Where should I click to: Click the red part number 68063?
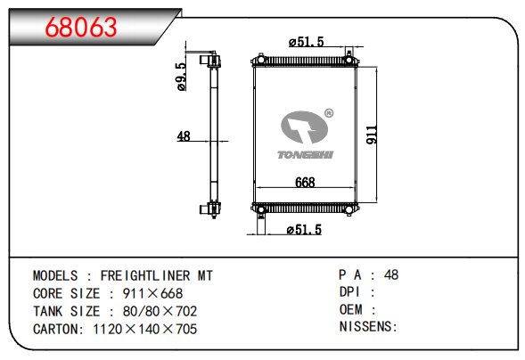[x=81, y=27]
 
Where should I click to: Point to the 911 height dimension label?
[x=372, y=135]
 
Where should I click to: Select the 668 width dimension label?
[x=305, y=183]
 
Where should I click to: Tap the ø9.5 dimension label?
[x=181, y=77]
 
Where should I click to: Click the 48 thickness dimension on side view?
[x=184, y=136]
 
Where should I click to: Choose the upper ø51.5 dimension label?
[x=307, y=42]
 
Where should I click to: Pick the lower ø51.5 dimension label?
[x=304, y=230]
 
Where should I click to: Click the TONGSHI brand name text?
[x=305, y=154]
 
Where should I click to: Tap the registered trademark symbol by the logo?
[x=329, y=113]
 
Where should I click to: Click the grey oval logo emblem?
[x=304, y=127]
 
